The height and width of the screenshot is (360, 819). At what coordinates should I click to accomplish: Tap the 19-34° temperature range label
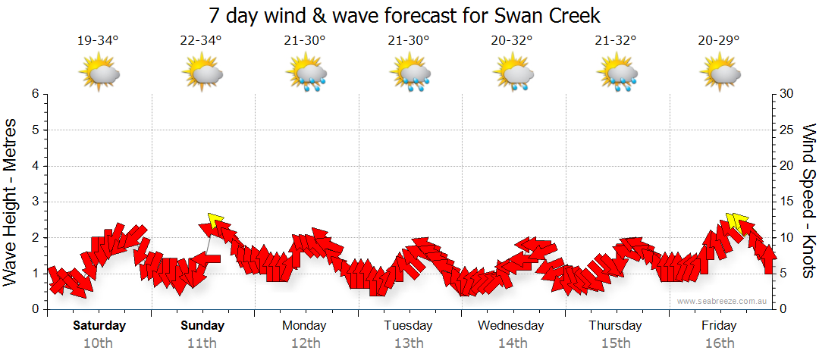(98, 41)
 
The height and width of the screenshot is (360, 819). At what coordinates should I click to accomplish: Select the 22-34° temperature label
(202, 41)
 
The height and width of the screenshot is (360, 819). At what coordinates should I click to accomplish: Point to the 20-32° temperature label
(513, 41)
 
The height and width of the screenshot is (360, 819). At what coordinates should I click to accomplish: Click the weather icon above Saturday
(99, 74)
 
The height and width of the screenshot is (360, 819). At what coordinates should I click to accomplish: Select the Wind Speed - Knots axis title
(807, 202)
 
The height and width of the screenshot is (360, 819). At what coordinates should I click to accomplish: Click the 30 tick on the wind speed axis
(788, 94)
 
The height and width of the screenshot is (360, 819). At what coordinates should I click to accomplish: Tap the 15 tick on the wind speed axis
(788, 202)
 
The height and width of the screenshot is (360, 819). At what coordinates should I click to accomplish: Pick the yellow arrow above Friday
(733, 222)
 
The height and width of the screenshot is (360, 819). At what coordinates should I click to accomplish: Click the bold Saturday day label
(99, 326)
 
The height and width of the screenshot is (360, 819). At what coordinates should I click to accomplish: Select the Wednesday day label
(511, 326)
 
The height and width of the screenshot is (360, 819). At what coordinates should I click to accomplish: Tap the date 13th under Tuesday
(408, 343)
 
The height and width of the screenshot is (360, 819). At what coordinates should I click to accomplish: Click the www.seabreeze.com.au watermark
(722, 301)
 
